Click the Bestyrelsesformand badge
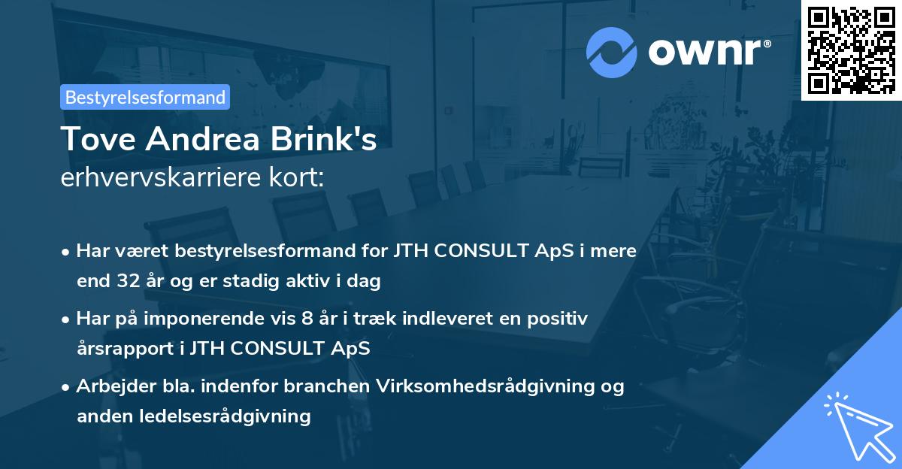pos(145,97)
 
